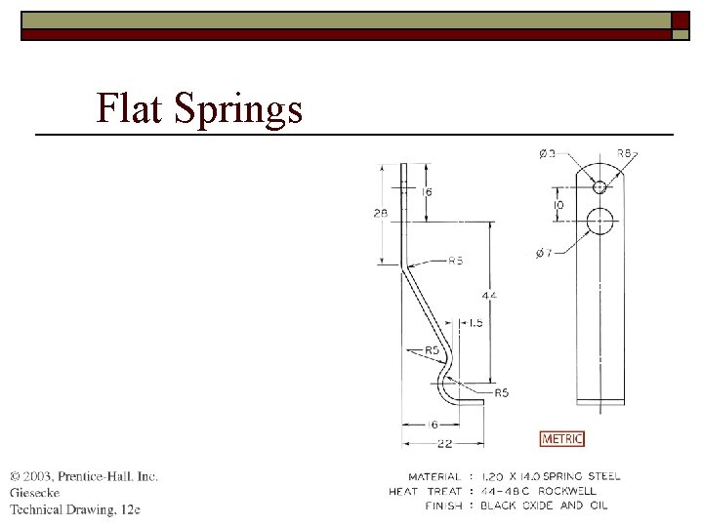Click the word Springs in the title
239,109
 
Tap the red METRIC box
562,439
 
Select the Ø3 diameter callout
549,153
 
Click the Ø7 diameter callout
544,253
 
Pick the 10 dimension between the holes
558,206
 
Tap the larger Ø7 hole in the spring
600,222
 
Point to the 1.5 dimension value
475,322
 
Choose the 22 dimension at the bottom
444,445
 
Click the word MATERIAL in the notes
434,476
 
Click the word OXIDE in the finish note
540,506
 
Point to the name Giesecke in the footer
35,493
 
